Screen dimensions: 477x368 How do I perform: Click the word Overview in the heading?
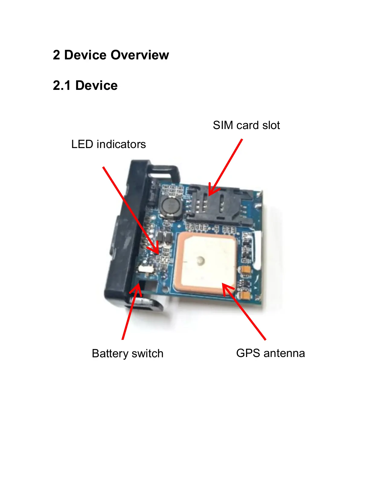click(139, 55)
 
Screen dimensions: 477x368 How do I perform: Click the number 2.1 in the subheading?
click(62, 86)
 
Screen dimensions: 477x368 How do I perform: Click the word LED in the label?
click(82, 144)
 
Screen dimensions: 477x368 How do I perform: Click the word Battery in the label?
click(110, 354)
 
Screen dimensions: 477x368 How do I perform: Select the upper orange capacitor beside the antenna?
click(245, 270)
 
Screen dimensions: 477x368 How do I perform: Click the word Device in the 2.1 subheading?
click(96, 86)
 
